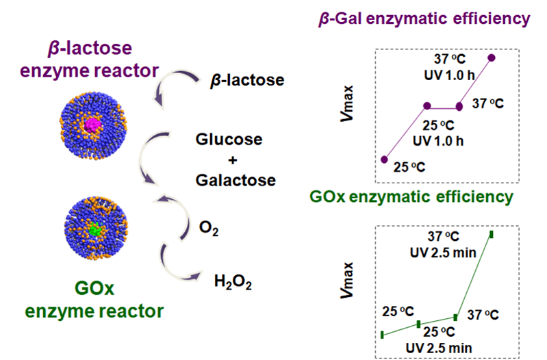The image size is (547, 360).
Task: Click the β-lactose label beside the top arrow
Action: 246,81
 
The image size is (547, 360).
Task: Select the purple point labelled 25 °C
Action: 384,159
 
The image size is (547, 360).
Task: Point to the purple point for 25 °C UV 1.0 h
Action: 427,106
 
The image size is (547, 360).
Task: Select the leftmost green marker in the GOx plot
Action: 382,334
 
